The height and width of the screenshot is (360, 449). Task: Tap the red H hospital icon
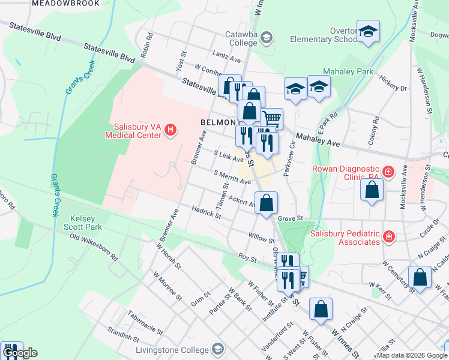coord(171,130)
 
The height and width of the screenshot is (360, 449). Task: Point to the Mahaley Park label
coord(348,71)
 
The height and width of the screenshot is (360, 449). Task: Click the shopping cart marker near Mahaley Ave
coord(272,119)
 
